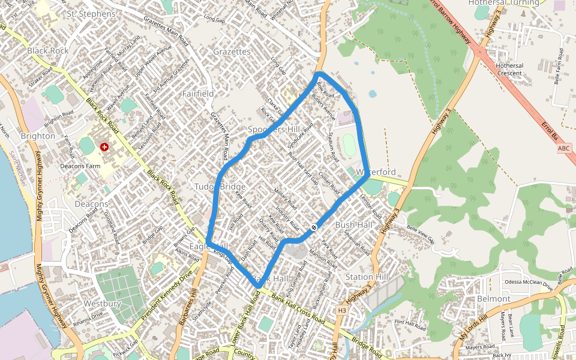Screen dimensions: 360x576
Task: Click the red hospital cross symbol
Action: pos(104,147)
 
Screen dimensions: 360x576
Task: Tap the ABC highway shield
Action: pos(564,148)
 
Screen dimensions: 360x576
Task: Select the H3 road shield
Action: pos(342,310)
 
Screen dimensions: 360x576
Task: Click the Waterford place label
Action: pos(376,172)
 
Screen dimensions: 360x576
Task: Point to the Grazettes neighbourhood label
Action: pos(232,52)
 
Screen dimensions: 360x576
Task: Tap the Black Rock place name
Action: pos(48,51)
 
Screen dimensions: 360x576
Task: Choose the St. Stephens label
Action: pos(91,14)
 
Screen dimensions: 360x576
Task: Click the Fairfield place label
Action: pos(198,94)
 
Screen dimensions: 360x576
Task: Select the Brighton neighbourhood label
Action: pos(38,136)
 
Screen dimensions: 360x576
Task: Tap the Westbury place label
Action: pos(102,304)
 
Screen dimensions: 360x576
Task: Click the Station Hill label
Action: pos(367,277)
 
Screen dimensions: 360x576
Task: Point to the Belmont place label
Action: pos(493,299)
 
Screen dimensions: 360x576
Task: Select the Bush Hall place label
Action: pos(353,225)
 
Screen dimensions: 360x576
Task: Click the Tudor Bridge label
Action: pos(220,187)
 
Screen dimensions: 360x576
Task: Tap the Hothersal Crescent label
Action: pos(509,69)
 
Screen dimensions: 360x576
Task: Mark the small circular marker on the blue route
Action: pos(314,227)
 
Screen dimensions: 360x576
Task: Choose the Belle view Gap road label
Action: pos(420,232)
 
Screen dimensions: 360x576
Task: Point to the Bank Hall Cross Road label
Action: pos(298,307)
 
